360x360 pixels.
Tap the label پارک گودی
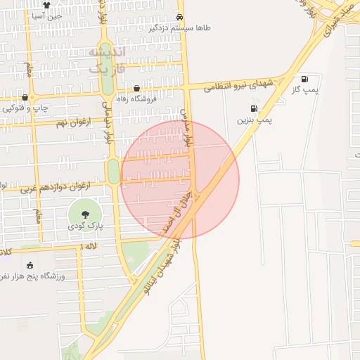(x=85, y=227)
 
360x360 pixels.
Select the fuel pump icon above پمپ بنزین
(x=253, y=109)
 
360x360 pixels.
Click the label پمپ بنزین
(x=253, y=121)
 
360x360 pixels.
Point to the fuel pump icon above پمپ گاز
(x=304, y=79)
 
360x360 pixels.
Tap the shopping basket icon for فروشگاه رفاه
(x=136, y=89)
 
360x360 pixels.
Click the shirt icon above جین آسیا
(x=46, y=4)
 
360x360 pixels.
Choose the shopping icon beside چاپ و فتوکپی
(x=25, y=97)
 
